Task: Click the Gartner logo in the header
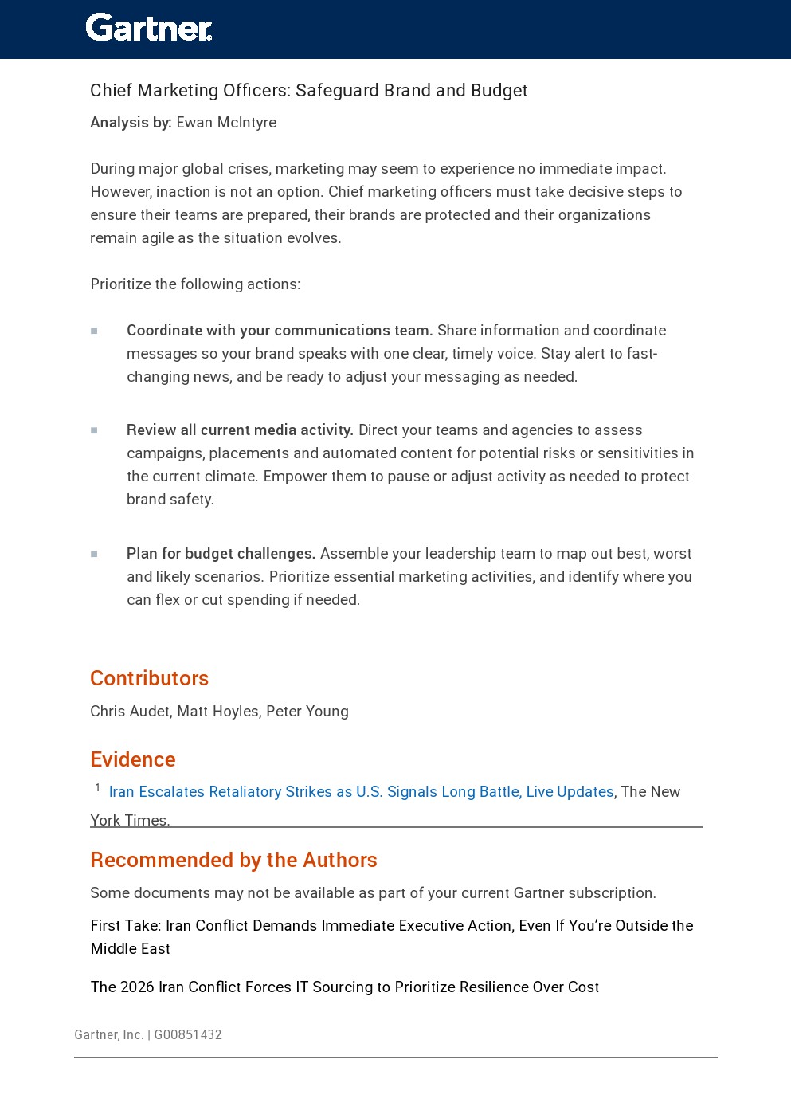[x=149, y=28]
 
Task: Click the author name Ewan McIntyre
[x=226, y=122]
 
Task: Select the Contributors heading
[x=149, y=678]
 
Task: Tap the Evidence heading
[x=133, y=759]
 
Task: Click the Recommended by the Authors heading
[x=233, y=860]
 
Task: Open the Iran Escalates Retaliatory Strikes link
[x=361, y=791]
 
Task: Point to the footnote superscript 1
[x=98, y=787]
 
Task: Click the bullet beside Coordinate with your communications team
[x=94, y=331]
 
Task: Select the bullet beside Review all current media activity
[x=94, y=430]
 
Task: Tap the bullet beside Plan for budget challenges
[x=94, y=554]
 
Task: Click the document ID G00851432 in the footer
[x=188, y=1034]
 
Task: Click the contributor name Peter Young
[x=307, y=711]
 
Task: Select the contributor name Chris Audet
[x=129, y=711]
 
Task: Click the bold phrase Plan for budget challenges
[x=221, y=553]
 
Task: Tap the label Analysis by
[x=131, y=122]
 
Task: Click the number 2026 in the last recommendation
[x=137, y=987]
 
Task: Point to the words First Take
[x=125, y=925]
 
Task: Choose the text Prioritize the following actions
[x=195, y=284]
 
